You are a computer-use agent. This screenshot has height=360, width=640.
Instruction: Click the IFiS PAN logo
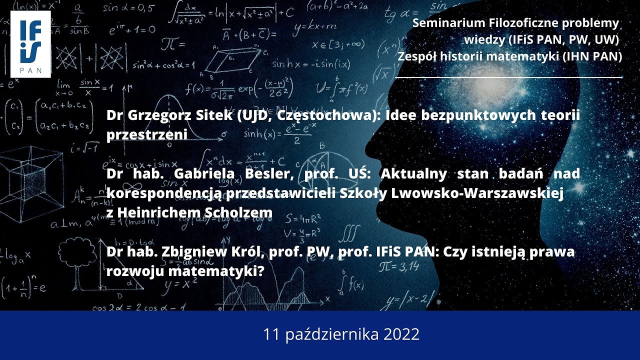pos(30,44)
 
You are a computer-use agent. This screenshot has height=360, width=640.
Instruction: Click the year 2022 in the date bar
pos(402,334)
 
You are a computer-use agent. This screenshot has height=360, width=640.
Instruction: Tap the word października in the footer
pos(332,335)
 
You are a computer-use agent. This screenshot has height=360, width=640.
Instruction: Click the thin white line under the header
pos(509,78)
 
